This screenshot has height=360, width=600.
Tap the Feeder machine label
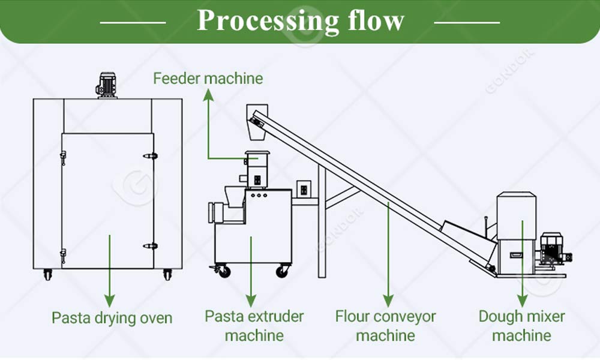[208, 79]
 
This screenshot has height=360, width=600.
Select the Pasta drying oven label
[112, 318]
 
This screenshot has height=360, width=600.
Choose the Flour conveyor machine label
[385, 325]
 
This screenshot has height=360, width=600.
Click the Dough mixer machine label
[521, 325]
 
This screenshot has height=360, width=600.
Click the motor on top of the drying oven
[107, 85]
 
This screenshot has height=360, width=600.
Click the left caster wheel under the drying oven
[47, 275]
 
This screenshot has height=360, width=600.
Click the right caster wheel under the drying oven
[167, 275]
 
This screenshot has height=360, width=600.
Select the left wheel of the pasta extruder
[223, 271]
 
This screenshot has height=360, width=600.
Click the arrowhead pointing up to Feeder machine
[208, 94]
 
